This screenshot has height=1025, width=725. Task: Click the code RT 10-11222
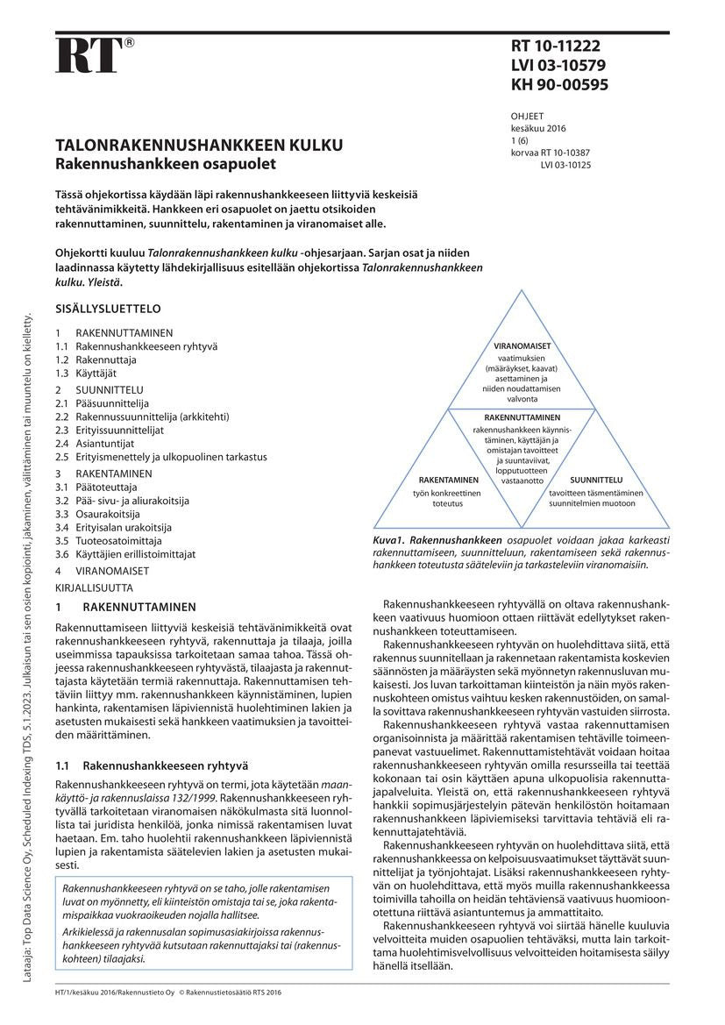click(556, 46)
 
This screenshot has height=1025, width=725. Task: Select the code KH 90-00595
click(559, 85)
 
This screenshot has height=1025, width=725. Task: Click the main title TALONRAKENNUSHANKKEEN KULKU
click(200, 146)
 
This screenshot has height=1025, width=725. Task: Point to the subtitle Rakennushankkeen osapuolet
click(166, 164)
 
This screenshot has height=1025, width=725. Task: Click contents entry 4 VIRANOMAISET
click(102, 570)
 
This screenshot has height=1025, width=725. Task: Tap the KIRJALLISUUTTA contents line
click(94, 585)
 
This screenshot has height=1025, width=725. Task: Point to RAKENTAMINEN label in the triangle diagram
click(448, 480)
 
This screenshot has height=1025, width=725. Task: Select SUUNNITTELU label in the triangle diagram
click(596, 480)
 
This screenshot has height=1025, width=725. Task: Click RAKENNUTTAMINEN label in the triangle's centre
click(522, 417)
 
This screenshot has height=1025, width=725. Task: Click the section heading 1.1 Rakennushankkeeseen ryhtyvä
click(153, 741)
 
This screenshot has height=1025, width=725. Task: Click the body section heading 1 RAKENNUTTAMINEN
click(126, 607)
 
